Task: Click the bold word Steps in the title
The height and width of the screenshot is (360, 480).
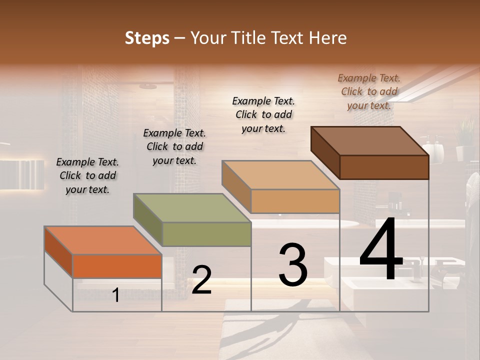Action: [x=147, y=38]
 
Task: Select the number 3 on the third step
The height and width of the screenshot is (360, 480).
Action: [x=293, y=265]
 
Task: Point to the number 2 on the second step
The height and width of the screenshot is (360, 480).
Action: [x=201, y=280]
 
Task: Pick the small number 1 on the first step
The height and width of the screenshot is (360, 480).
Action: [x=115, y=295]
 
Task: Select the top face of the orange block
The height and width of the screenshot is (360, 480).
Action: [x=103, y=240]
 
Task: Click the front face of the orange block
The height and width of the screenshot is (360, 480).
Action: [x=117, y=266]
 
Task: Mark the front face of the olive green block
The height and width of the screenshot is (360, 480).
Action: [x=206, y=234]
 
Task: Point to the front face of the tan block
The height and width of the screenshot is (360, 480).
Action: [x=295, y=201]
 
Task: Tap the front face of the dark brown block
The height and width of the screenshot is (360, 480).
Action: [x=384, y=167]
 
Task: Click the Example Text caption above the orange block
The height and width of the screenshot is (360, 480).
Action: [x=87, y=175]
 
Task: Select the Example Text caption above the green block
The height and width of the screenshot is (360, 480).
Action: [x=174, y=146]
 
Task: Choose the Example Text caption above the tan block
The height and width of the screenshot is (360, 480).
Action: [x=263, y=114]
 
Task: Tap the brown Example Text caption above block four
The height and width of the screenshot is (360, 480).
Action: [x=369, y=91]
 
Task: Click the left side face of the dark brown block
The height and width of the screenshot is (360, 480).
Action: [x=325, y=152]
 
